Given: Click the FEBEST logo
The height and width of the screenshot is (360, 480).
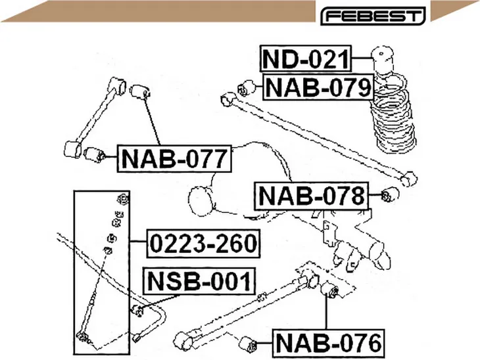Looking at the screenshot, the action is tap(373, 16).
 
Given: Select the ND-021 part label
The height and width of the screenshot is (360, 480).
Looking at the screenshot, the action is tap(306, 58).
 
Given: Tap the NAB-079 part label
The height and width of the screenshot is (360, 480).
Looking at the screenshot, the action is tap(318, 87).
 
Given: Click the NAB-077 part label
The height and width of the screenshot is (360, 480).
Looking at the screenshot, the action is tap(174, 158).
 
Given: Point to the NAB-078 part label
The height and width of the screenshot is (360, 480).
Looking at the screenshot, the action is tap(312, 196).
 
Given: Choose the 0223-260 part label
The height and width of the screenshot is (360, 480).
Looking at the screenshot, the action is tap(204, 244).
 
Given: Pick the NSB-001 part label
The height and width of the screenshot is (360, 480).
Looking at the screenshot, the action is tap(199, 281).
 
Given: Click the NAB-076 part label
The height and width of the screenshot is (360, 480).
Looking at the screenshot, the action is tap(329, 343).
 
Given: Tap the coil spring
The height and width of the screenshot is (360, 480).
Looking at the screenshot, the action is tap(393, 116).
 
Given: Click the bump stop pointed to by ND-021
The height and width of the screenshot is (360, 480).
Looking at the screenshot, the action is tap(382, 60).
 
